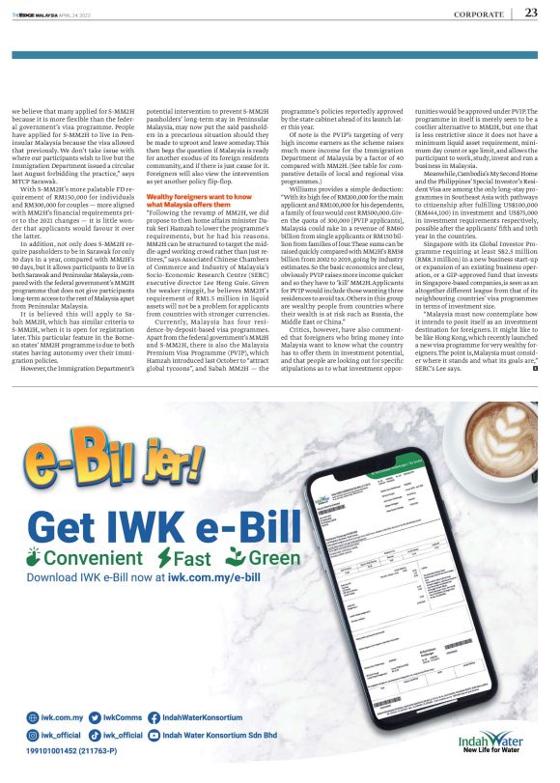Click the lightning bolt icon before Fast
click(x=165, y=558)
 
